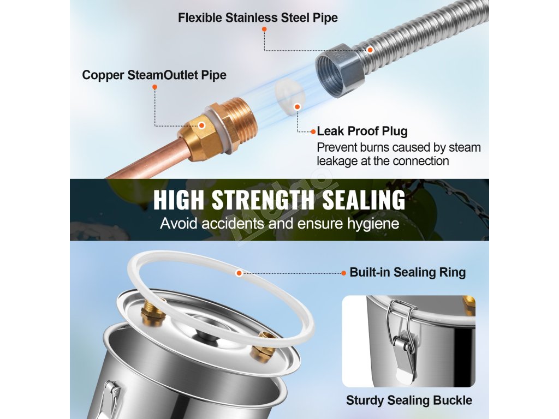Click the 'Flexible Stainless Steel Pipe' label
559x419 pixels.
258,17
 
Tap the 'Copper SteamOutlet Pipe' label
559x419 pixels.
154,75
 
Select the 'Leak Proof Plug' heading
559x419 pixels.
362,131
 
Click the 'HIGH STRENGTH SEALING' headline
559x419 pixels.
279,200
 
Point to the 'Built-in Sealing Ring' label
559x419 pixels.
407,272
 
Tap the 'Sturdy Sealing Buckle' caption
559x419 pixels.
409,400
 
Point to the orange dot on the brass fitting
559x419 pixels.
201,125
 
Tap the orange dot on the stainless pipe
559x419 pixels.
370,50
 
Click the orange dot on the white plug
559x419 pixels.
298,107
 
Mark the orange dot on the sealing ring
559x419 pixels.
239,273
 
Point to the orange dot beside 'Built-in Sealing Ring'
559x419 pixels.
344,273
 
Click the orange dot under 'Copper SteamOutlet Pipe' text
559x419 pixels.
154,87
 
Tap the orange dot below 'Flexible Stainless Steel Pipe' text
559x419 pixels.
264,29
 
